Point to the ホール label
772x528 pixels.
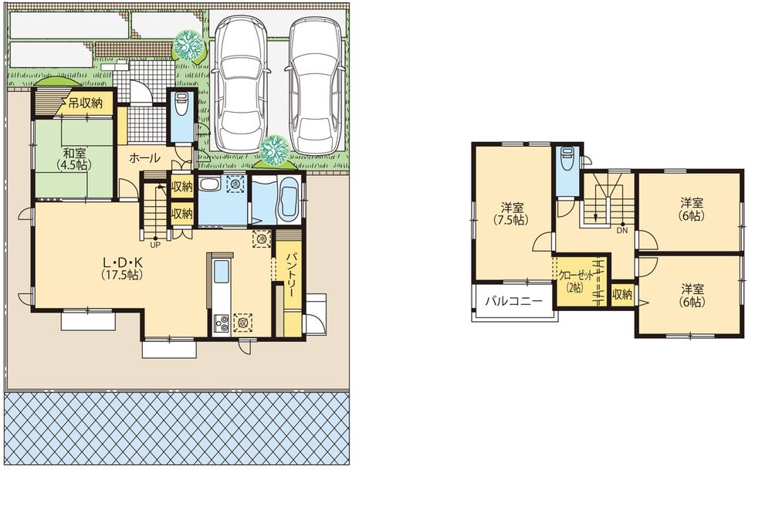144,158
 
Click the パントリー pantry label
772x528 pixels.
293,269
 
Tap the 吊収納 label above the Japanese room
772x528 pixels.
85,103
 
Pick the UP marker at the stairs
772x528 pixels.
155,245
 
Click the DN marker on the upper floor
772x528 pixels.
621,229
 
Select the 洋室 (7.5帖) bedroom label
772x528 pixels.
512,212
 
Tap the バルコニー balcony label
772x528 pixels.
513,302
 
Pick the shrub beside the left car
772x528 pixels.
186,44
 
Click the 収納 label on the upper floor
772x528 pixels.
622,294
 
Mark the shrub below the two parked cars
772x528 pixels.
273,150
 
